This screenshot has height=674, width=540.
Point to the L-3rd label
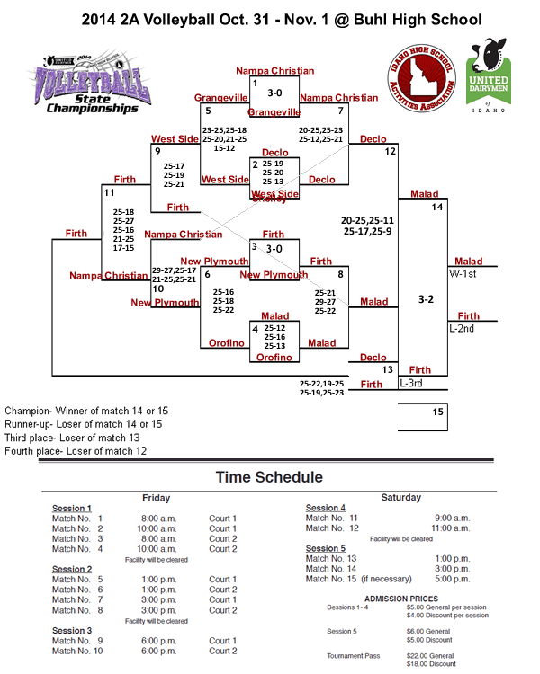tap(411, 383)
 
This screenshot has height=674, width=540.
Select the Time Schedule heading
tap(269, 477)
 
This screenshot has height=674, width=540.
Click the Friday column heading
tap(157, 497)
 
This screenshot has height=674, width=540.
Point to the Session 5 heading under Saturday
tap(325, 548)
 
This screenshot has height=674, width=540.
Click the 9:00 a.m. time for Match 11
tap(452, 519)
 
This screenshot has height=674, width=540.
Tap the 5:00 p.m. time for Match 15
tap(452, 579)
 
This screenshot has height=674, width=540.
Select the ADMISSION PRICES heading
tap(401, 599)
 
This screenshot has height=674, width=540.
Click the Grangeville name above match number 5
tap(220, 97)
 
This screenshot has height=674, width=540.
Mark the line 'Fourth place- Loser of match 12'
tap(76, 451)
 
